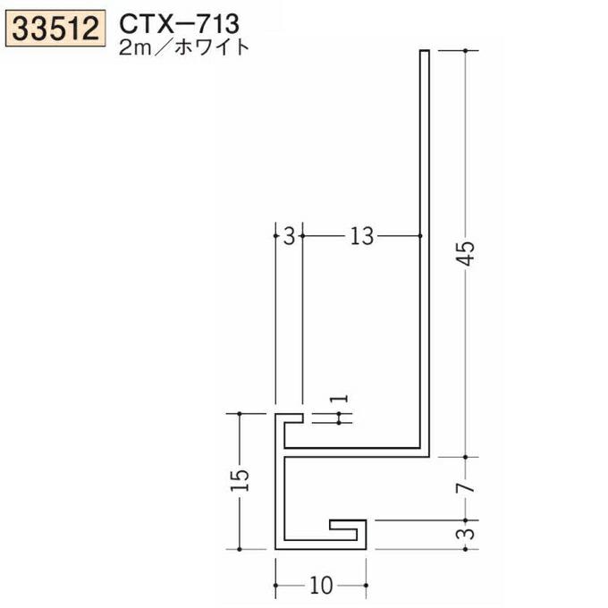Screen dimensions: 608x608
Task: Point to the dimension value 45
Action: point(466,258)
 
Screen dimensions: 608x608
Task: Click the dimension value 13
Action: point(360,236)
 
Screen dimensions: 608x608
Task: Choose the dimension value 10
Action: point(322,586)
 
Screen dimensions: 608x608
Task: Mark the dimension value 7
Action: point(467,487)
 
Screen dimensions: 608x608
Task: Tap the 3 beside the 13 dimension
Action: point(288,236)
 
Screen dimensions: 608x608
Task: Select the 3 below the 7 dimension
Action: point(467,534)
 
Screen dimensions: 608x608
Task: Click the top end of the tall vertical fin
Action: point(425,54)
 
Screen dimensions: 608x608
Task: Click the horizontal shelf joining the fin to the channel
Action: point(358,447)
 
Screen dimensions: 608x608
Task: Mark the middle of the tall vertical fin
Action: point(425,250)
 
